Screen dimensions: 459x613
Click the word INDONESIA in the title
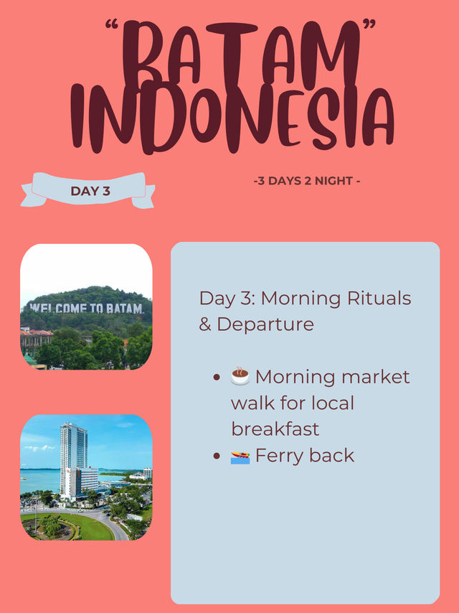(x=232, y=118)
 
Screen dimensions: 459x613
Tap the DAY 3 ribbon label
(x=90, y=191)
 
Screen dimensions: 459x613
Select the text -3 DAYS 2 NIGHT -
(x=307, y=181)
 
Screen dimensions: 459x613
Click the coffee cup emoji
(x=240, y=376)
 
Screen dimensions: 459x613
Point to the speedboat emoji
(x=240, y=457)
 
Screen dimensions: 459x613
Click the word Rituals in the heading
(x=379, y=299)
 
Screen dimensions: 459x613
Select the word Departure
(x=265, y=324)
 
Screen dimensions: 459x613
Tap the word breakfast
(x=275, y=429)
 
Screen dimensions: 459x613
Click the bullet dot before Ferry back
(x=217, y=457)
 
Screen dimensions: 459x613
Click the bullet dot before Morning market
(x=217, y=378)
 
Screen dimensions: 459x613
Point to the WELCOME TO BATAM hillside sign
(x=86, y=308)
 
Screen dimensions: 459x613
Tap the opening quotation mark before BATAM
(x=112, y=24)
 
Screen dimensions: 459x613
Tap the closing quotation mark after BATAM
(x=369, y=24)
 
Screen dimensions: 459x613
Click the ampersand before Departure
(x=205, y=324)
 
